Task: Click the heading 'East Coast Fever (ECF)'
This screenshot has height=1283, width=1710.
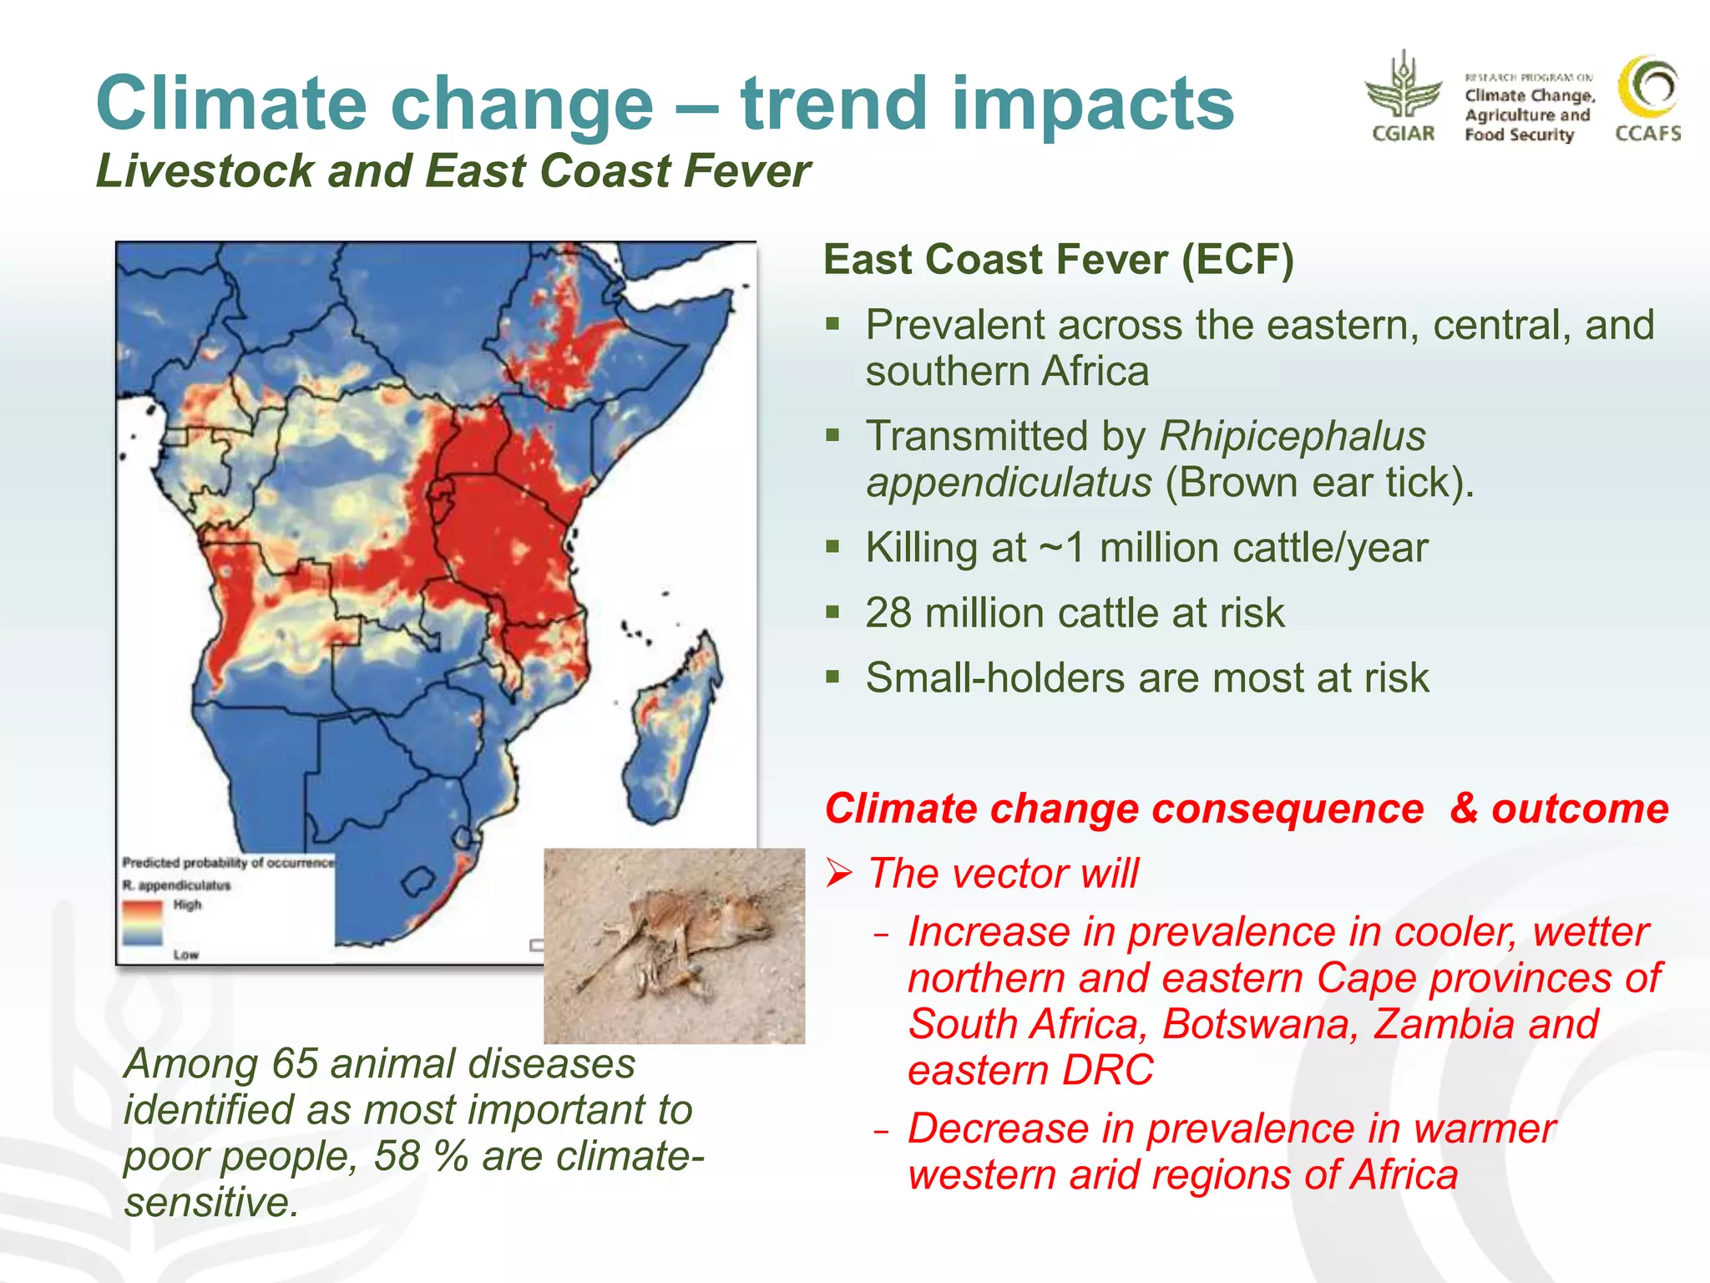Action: point(1058,259)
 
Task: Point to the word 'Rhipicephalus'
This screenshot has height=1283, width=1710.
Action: point(1292,436)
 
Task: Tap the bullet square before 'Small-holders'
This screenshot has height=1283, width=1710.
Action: point(832,676)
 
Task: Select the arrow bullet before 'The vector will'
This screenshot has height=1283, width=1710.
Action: point(839,875)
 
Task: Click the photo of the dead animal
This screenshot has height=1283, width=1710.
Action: point(674,946)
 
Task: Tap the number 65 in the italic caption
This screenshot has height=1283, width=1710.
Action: point(294,1064)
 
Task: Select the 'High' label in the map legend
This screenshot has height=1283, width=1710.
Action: point(187,905)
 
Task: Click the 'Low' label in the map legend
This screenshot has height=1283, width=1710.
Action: point(185,955)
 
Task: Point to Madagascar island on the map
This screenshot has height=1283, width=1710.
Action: point(673,727)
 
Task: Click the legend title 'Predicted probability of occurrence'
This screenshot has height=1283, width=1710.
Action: point(227,862)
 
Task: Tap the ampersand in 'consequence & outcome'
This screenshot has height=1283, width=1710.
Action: point(1464,809)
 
